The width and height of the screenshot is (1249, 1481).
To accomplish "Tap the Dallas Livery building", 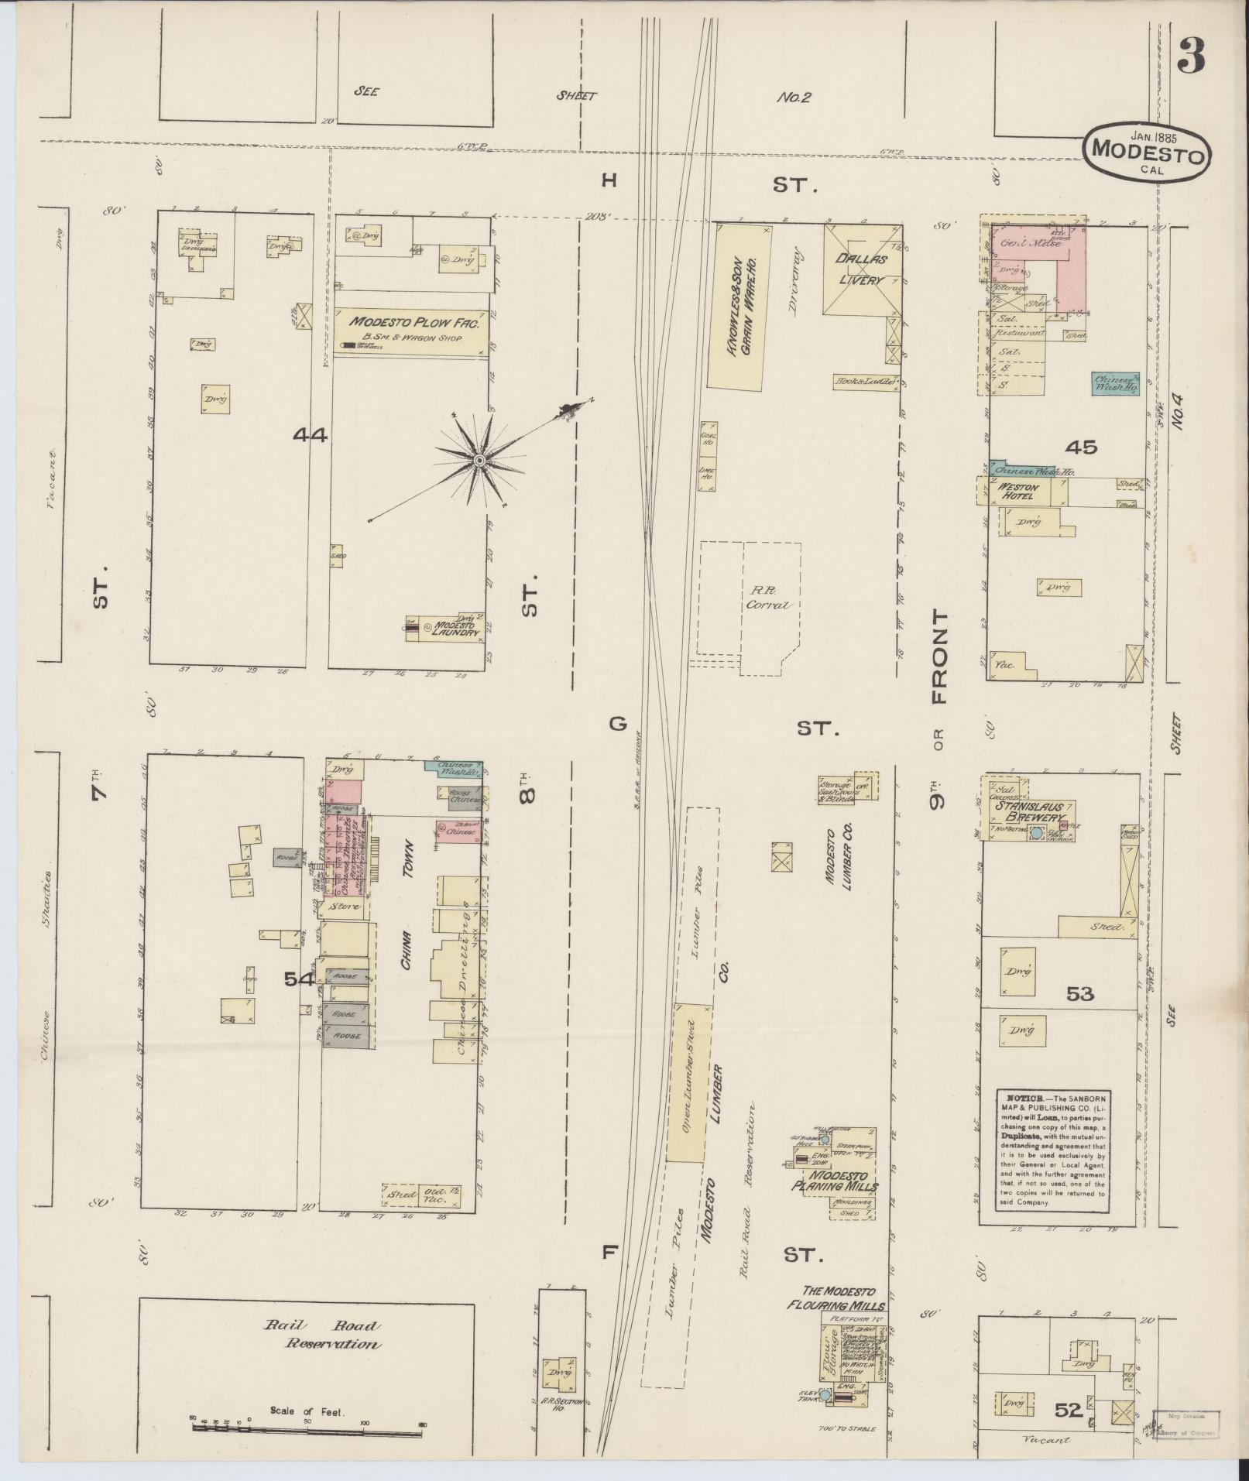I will tap(862, 270).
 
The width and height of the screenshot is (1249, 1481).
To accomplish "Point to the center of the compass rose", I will tap(479, 461).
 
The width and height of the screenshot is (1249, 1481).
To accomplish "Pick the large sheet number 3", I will tap(1192, 56).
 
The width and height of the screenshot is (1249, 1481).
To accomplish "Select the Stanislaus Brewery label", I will tap(1029, 812).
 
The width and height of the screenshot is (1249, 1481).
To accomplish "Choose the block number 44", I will tap(310, 436).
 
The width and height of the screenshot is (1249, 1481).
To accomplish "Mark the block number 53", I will tap(1079, 994).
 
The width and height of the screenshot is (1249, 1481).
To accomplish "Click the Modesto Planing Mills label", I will tap(835, 1180).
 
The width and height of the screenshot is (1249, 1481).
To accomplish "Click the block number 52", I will tap(1067, 1411).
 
